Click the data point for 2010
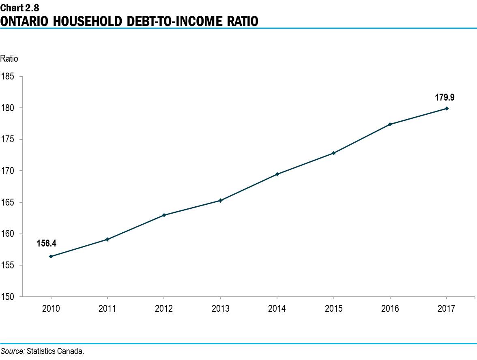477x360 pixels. [x=51, y=256]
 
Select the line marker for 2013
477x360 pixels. [x=220, y=200]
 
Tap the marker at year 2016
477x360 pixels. [x=390, y=124]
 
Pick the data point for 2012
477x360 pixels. [x=164, y=215]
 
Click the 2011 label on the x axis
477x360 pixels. [x=107, y=309]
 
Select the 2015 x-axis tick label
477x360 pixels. [x=333, y=309]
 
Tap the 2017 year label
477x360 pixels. [x=447, y=309]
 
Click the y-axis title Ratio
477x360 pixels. [x=9, y=59]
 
